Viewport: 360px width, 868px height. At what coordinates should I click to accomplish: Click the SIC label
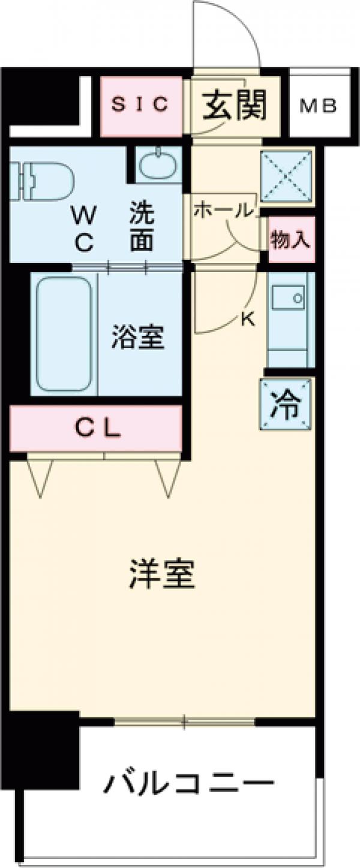click(x=141, y=105)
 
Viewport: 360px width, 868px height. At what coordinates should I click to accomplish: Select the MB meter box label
click(x=318, y=106)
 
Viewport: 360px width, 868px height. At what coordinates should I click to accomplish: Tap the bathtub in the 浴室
click(x=64, y=334)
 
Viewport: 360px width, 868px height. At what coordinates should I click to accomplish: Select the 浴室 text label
click(x=137, y=338)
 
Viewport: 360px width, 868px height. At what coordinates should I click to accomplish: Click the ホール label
click(x=222, y=210)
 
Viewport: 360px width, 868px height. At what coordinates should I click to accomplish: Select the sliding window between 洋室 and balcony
click(x=185, y=720)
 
